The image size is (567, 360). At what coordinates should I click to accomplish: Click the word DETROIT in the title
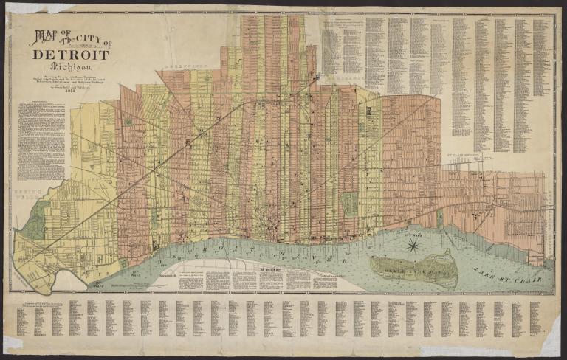(x=71, y=55)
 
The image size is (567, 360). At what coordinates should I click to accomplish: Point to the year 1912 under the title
(x=72, y=94)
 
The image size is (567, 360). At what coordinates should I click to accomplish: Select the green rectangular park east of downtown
(x=349, y=204)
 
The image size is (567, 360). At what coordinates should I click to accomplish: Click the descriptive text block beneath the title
(x=41, y=140)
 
